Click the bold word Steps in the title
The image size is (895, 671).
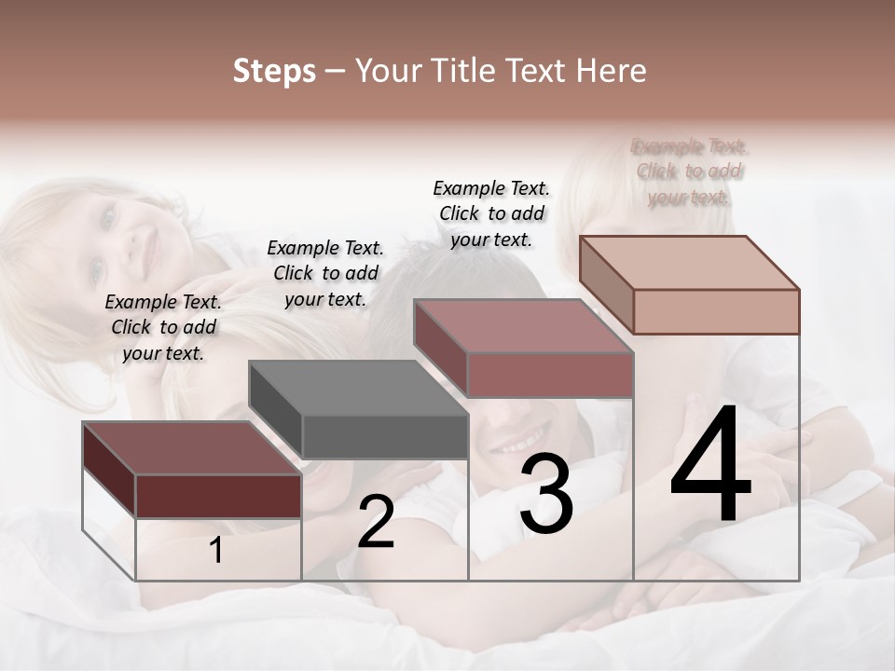[274, 71]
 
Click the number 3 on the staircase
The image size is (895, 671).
[546, 494]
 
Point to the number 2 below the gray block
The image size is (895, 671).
[376, 522]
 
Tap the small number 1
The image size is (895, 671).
[216, 551]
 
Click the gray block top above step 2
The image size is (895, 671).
[357, 387]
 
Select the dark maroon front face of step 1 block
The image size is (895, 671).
[218, 496]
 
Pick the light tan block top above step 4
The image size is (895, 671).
[688, 262]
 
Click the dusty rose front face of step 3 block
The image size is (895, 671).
[550, 376]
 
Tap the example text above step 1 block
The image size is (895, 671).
[163, 327]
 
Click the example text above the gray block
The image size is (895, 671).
[325, 273]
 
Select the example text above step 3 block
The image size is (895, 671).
[491, 213]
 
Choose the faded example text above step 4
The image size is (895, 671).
[690, 171]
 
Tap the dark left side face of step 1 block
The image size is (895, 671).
[109, 469]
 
